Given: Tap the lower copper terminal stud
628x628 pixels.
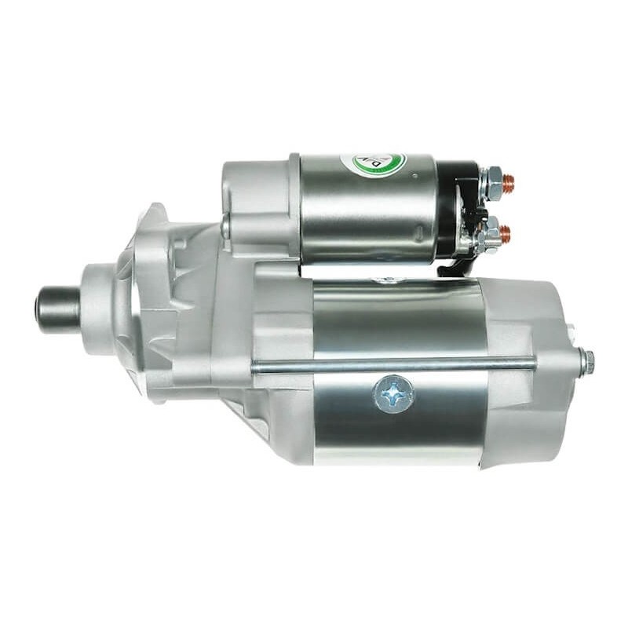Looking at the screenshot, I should pos(505,232).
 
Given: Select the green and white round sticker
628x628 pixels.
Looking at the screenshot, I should pos(373,166).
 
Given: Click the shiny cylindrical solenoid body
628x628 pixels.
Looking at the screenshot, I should pos(369,208).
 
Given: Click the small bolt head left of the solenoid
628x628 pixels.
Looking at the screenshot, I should pos(225,227).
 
